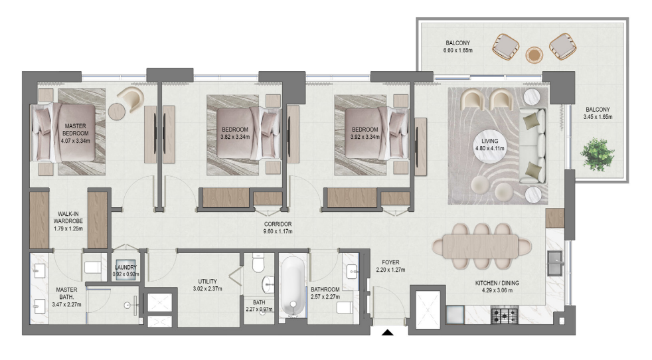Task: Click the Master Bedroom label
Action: [x=75, y=130]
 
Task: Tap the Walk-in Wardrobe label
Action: [x=68, y=217]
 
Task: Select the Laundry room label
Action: [x=125, y=267]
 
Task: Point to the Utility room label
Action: [x=208, y=282]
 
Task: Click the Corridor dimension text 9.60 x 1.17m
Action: [x=278, y=231]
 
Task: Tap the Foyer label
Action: [x=390, y=262]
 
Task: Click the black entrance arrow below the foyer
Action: [x=388, y=332]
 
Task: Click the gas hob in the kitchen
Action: [x=505, y=315]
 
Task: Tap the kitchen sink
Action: [x=554, y=263]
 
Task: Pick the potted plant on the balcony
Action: [x=598, y=154]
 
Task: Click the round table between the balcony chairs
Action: [x=534, y=54]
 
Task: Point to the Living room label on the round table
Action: [x=490, y=141]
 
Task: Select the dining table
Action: [x=482, y=246]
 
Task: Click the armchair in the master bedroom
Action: [x=131, y=99]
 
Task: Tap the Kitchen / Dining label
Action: [x=497, y=283]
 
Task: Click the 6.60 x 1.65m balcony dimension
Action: [x=458, y=50]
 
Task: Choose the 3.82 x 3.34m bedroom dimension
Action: [x=235, y=137]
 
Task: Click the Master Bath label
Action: [x=66, y=294]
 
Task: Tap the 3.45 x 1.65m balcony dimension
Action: [x=598, y=117]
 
